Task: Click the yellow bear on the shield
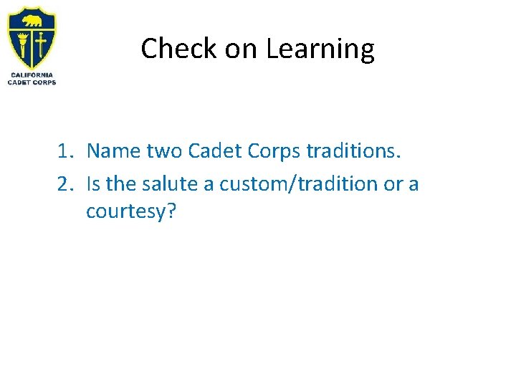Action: pyautogui.click(x=31, y=19)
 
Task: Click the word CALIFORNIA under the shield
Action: pyautogui.click(x=32, y=75)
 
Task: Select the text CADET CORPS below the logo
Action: pyautogui.click(x=32, y=82)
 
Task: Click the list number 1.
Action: pyautogui.click(x=65, y=151)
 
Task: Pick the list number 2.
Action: pyautogui.click(x=65, y=184)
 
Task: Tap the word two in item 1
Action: pyautogui.click(x=165, y=151)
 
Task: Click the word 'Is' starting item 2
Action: pyautogui.click(x=94, y=184)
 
